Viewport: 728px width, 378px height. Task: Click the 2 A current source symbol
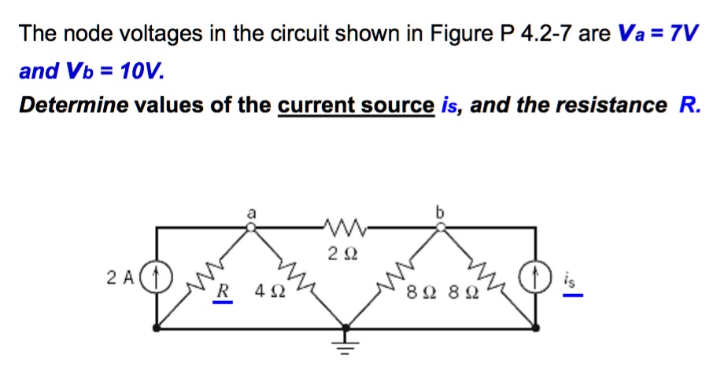coord(159,277)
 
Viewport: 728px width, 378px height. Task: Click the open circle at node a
coord(251,228)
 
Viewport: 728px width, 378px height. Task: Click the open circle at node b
coord(441,228)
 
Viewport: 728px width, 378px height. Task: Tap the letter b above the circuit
coord(441,212)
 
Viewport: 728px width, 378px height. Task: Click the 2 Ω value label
coord(344,253)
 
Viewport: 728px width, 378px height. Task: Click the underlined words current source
coord(356,105)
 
